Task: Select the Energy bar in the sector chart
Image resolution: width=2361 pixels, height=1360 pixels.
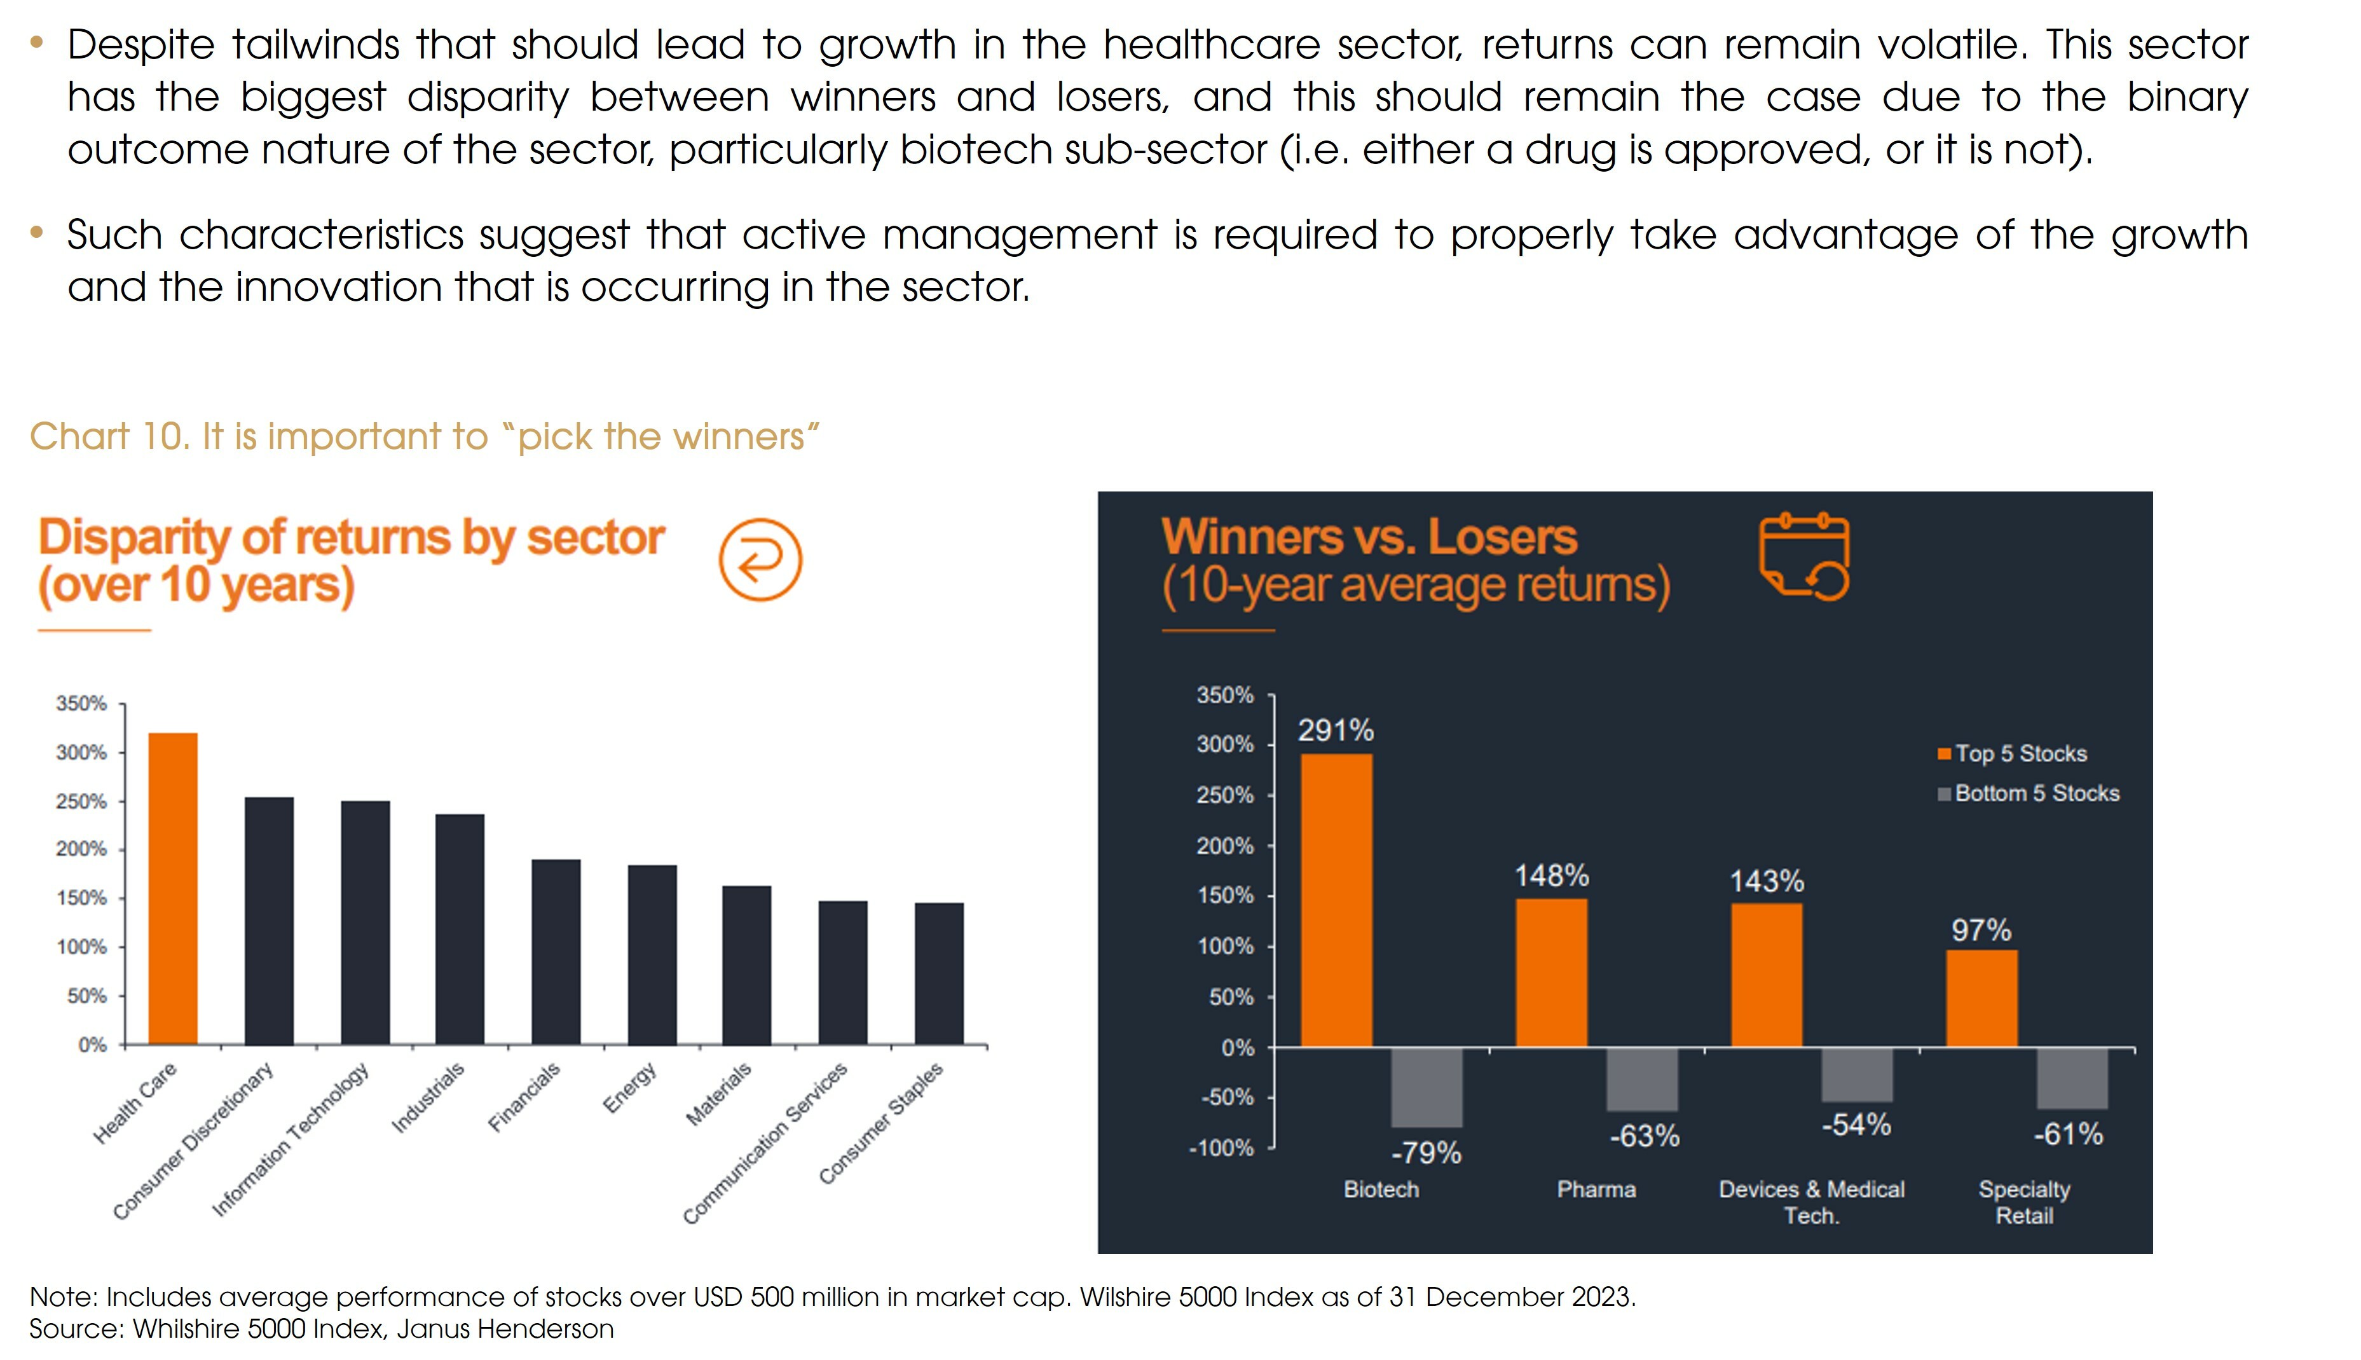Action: pyautogui.click(x=652, y=954)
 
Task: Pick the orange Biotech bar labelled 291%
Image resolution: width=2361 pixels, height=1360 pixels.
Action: pyautogui.click(x=1336, y=900)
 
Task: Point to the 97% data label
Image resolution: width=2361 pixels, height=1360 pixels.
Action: pyautogui.click(x=1981, y=930)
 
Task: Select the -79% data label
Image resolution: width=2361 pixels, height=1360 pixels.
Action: pyautogui.click(x=1426, y=1153)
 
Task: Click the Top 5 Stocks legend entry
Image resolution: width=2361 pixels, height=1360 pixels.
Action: pyautogui.click(x=2020, y=754)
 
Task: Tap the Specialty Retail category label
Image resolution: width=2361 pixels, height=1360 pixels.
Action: pyautogui.click(x=2024, y=1202)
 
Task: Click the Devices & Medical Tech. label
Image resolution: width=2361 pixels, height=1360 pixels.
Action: pyautogui.click(x=1811, y=1202)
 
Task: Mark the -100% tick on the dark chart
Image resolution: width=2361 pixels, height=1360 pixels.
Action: pyautogui.click(x=1222, y=1148)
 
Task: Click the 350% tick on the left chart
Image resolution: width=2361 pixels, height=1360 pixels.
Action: pyautogui.click(x=81, y=703)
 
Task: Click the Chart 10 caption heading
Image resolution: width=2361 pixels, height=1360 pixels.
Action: pyautogui.click(x=425, y=436)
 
